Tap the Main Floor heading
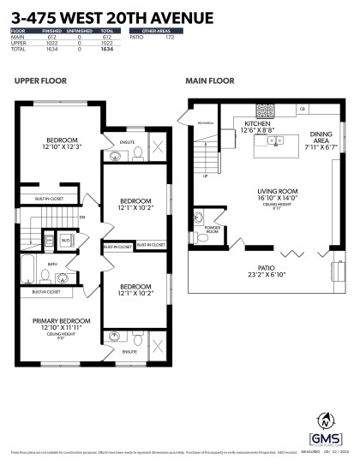(209, 82)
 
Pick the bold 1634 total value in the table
(107, 50)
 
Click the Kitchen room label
(232, 124)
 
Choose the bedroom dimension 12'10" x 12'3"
(62, 147)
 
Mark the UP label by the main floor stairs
(205, 176)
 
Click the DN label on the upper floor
(82, 218)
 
